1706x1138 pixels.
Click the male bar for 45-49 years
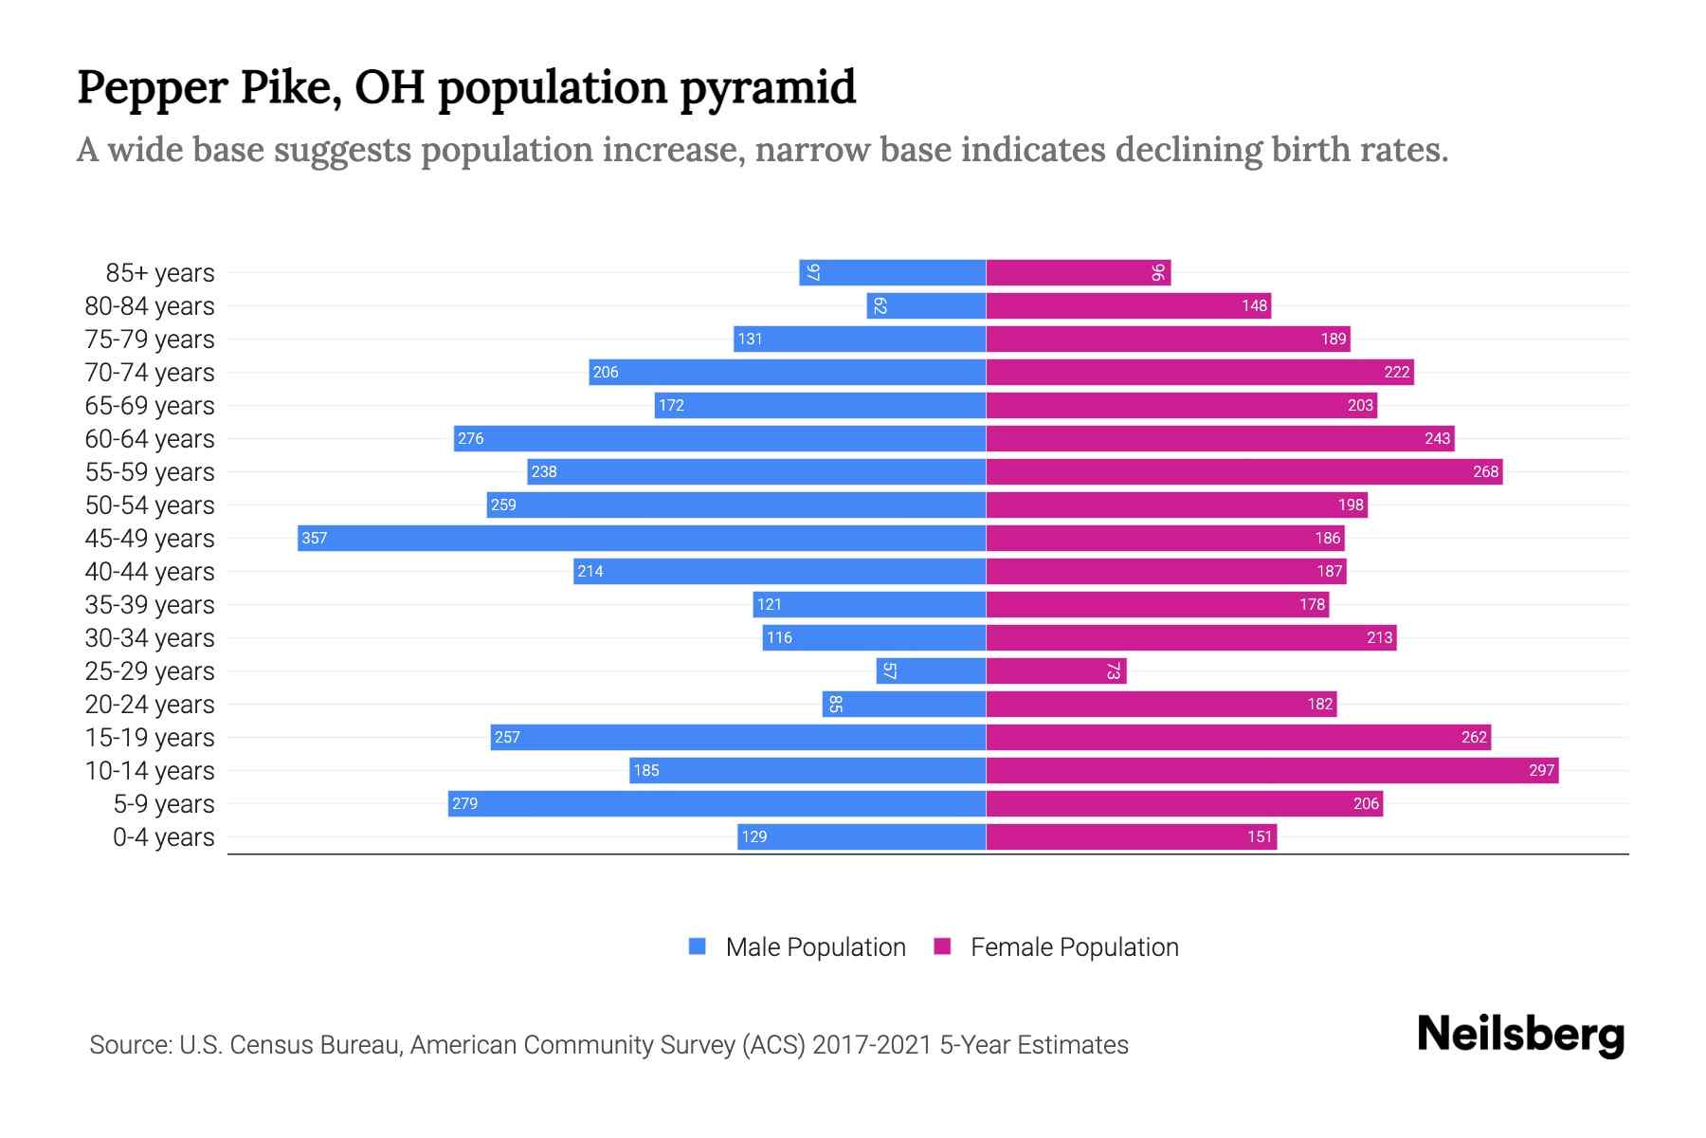coord(642,538)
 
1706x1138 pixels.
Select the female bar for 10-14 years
coord(1272,770)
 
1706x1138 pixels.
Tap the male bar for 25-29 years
coord(931,670)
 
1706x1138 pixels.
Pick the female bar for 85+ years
coord(1078,272)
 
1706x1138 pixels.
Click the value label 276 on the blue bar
coord(470,438)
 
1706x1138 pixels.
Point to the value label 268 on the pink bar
coord(1485,471)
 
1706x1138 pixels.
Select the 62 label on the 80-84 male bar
coord(880,305)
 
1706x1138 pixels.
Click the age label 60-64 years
coord(150,439)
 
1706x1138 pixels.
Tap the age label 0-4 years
coord(163,837)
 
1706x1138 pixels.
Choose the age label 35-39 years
coord(150,605)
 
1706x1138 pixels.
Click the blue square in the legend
coord(698,946)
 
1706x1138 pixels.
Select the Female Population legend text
coord(1074,947)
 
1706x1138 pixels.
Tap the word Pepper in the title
coord(152,87)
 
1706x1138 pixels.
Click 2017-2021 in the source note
coord(872,1045)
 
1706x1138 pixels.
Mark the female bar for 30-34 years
coord(1191,637)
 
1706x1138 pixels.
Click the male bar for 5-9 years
coord(717,803)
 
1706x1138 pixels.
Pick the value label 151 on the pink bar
coord(1259,836)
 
